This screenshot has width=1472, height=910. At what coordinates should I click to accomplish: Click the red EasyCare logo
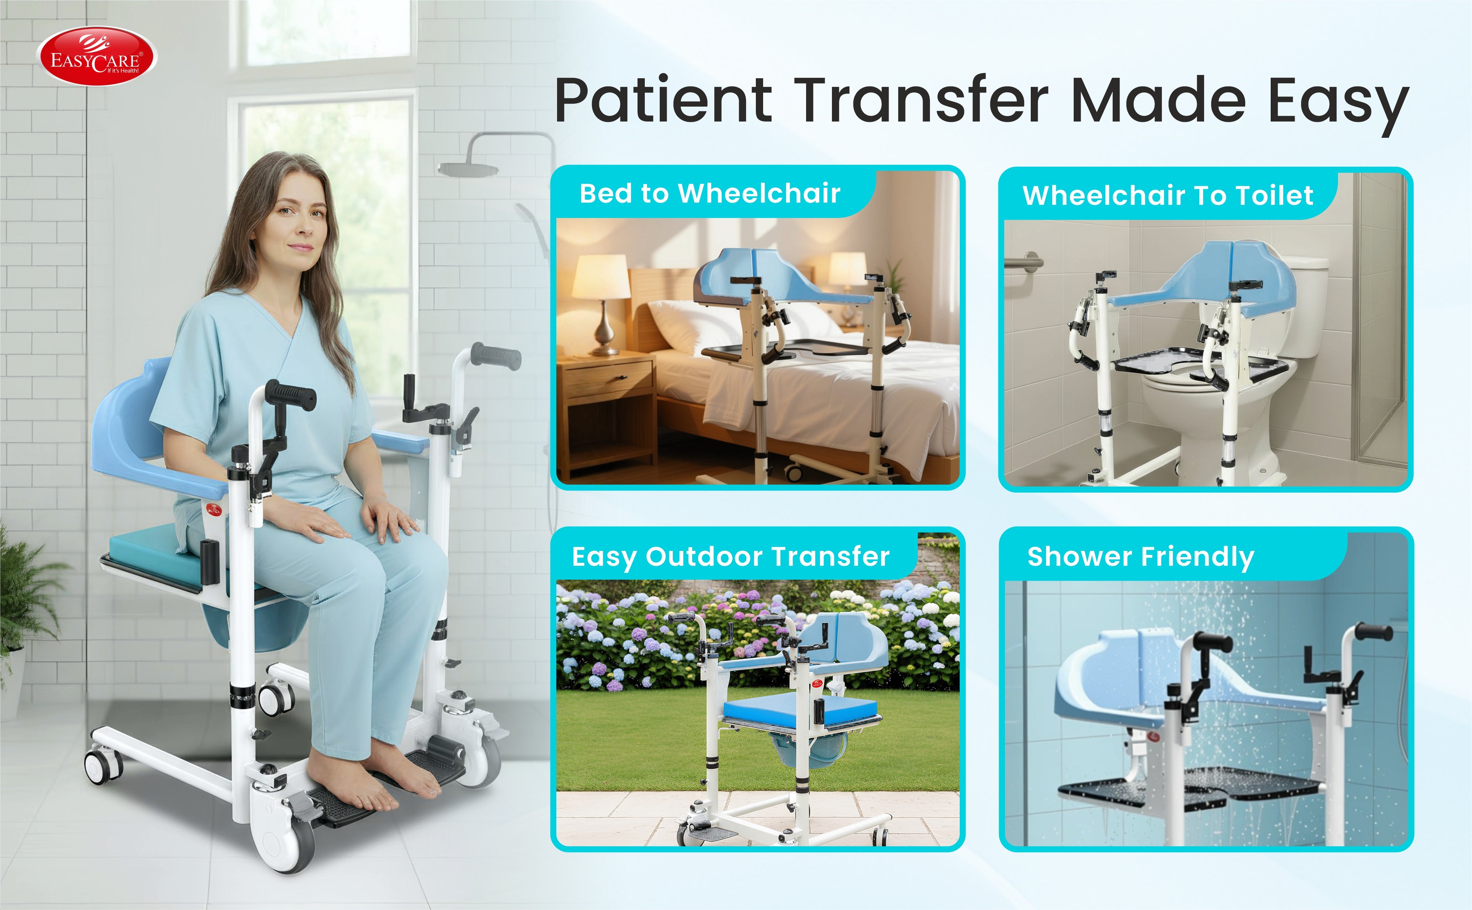pos(98,56)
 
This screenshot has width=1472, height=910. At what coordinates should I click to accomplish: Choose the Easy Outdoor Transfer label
pos(731,557)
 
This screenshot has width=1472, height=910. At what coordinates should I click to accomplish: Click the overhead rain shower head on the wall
pos(468,169)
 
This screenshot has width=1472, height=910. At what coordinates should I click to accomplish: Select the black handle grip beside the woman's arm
pos(291,396)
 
